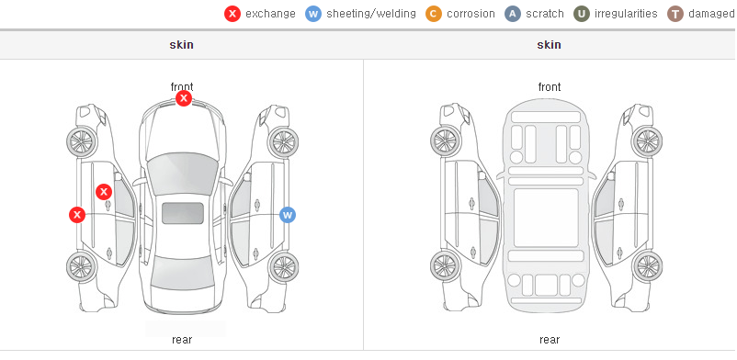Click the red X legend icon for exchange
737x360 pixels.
[232, 14]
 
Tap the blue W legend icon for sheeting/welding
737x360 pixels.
[313, 14]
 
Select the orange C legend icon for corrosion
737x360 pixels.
[434, 14]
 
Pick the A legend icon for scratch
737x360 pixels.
[513, 14]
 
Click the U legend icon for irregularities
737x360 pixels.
[582, 14]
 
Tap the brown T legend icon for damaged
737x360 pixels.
[675, 14]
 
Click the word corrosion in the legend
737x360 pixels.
[471, 14]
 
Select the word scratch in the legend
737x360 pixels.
[545, 14]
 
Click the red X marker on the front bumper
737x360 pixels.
[184, 98]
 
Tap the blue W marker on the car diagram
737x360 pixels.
[288, 215]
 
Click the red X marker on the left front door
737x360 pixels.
[104, 192]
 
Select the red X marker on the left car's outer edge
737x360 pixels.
[77, 215]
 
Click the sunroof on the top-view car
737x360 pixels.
[183, 213]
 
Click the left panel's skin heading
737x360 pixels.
[181, 45]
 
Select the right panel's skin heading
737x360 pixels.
[549, 45]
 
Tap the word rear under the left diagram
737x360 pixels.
[182, 340]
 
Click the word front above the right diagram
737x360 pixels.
[550, 87]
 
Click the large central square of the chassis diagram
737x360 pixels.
[546, 218]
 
